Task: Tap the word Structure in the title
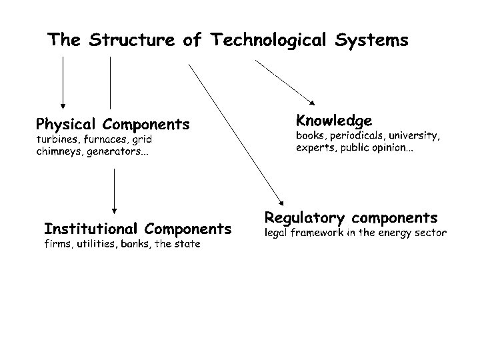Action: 129,40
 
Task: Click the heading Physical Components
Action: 112,125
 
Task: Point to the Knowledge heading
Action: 333,121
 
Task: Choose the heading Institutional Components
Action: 137,229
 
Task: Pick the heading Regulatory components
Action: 351,218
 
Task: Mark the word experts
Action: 316,148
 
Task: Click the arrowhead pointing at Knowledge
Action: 313,103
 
